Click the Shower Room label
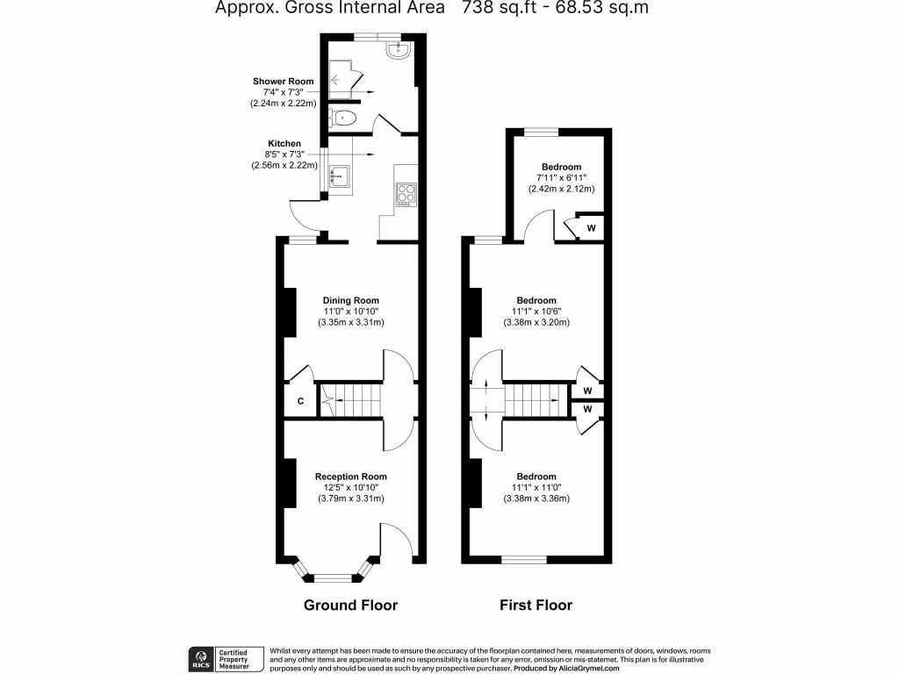click(x=284, y=81)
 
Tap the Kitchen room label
click(x=284, y=143)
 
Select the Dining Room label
click(x=351, y=300)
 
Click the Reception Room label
click(x=351, y=477)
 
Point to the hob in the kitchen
click(x=406, y=193)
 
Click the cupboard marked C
click(x=300, y=401)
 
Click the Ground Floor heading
click(x=350, y=606)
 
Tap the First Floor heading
click(x=536, y=606)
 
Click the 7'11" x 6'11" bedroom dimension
click(x=561, y=178)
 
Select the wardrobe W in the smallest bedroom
click(x=591, y=228)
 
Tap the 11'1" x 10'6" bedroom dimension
click(x=536, y=312)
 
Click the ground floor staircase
click(x=351, y=402)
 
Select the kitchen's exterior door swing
click(x=303, y=213)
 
